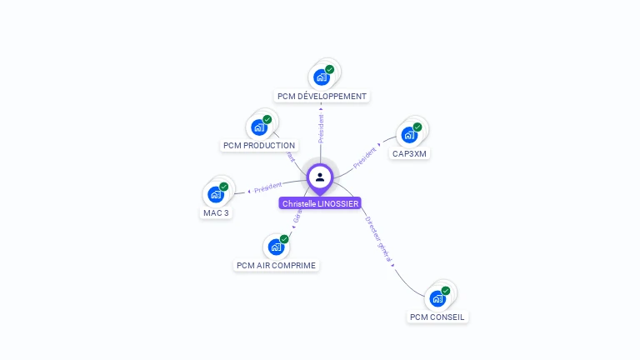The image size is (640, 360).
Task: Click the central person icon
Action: tap(320, 177)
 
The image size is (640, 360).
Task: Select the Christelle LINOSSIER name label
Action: tap(320, 203)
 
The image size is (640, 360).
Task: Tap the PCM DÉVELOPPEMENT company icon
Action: tap(322, 77)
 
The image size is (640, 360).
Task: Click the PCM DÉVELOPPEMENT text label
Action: tap(322, 97)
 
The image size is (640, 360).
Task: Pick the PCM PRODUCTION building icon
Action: tap(260, 127)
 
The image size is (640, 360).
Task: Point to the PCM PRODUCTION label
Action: tap(259, 146)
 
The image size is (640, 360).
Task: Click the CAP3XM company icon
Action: tap(409, 135)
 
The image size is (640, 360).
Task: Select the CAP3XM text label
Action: tap(410, 154)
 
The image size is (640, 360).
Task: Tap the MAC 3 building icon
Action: tap(217, 194)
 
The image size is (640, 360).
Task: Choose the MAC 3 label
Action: tap(216, 212)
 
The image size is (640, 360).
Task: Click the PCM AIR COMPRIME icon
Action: tap(277, 247)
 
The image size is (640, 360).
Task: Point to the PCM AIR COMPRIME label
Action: tap(277, 266)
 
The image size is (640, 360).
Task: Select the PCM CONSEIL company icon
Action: tap(437, 298)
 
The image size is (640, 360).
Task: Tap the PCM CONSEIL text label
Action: tap(437, 317)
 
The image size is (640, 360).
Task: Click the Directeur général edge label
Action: tap(378, 240)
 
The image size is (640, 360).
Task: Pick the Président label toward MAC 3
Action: tap(267, 187)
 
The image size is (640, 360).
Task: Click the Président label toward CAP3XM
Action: tap(365, 157)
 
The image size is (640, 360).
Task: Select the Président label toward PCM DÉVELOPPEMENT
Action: tap(321, 126)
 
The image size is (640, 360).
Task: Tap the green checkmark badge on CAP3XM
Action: tap(417, 127)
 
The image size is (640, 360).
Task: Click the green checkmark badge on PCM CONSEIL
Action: tap(446, 290)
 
